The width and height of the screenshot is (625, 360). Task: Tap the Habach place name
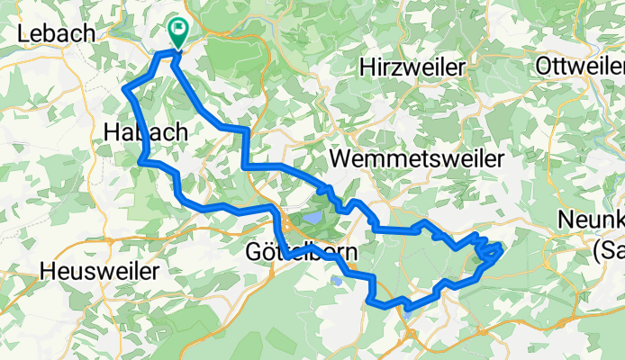click(145, 132)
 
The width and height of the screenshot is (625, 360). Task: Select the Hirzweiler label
click(412, 67)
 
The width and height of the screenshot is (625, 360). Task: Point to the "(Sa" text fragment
click(610, 244)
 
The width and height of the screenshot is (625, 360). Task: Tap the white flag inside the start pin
click(177, 30)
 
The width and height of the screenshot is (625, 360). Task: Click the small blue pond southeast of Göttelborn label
click(337, 281)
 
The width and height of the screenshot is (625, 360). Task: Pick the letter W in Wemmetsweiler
click(340, 158)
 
